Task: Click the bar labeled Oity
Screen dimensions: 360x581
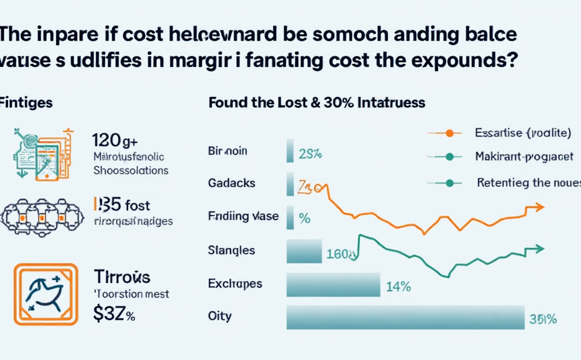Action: click(405, 317)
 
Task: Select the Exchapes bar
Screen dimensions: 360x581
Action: click(333, 284)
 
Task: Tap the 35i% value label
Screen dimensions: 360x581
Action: click(542, 319)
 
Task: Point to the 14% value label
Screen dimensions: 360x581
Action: click(398, 286)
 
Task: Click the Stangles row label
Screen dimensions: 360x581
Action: click(231, 250)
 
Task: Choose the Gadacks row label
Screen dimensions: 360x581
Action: click(232, 184)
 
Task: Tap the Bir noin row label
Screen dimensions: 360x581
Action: click(227, 151)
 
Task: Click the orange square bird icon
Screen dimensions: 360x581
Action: click(46, 294)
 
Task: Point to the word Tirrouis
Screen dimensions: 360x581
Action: click(123, 277)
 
